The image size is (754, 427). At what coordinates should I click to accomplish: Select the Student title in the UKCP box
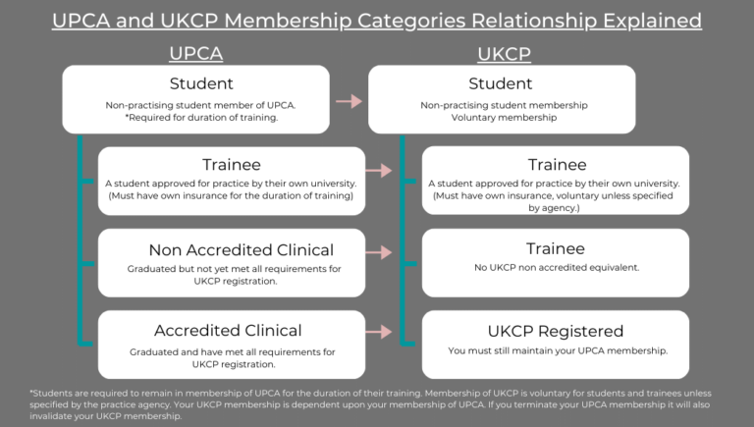[x=501, y=83]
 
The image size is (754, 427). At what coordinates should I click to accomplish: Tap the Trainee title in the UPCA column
[x=232, y=165]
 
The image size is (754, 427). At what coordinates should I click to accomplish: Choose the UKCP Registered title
[x=555, y=331]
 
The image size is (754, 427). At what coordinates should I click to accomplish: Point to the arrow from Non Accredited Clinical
[x=379, y=253]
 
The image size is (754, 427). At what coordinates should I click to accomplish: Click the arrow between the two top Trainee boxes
[x=379, y=172]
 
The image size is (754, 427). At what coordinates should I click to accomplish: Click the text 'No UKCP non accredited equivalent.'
[x=555, y=268]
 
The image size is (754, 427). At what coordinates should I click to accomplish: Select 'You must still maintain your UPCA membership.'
[x=555, y=350]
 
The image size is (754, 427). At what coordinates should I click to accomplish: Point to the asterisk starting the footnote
[x=32, y=393]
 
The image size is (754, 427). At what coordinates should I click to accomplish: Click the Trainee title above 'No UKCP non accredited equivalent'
[x=555, y=249]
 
